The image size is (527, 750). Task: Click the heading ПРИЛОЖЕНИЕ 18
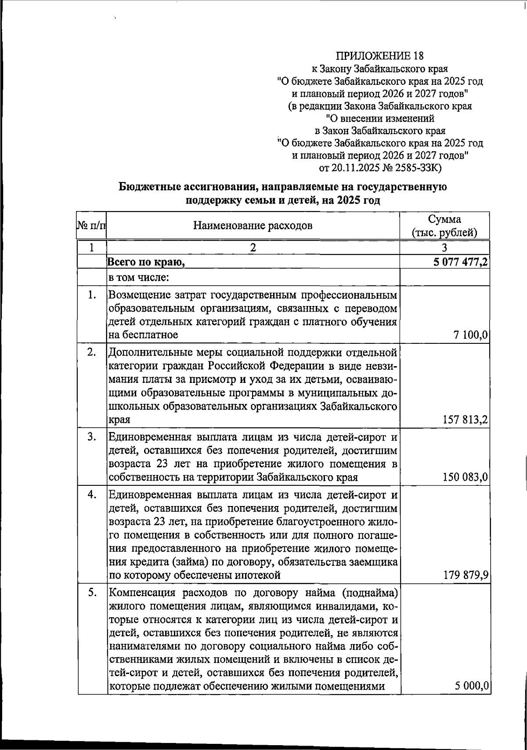[380, 56]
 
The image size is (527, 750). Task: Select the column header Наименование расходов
[253, 226]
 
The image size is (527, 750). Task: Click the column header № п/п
[91, 226]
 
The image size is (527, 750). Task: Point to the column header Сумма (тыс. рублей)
[444, 226]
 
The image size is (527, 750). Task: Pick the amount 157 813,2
[465, 420]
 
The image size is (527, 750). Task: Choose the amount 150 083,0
[465, 477]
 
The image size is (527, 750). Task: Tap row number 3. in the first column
[91, 437]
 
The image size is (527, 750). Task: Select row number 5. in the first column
[91, 593]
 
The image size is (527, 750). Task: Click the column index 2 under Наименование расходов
[253, 247]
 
